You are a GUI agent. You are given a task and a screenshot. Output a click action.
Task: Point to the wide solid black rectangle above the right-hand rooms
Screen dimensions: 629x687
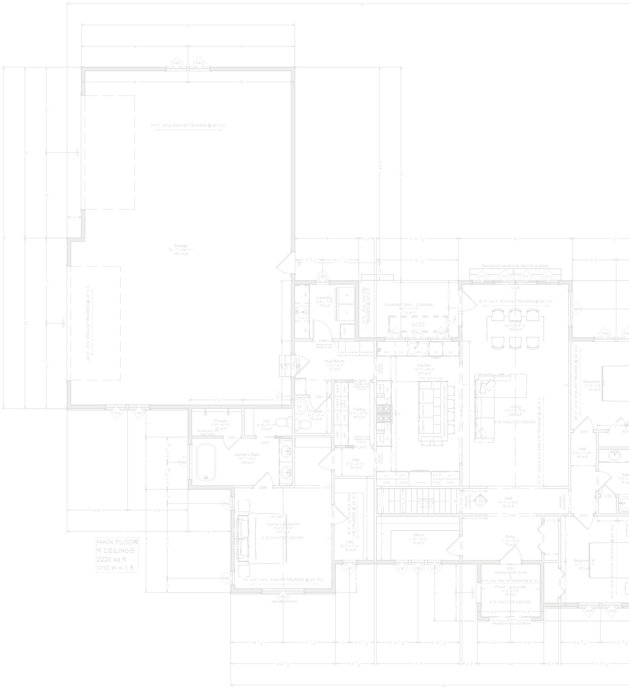tap(515, 250)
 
